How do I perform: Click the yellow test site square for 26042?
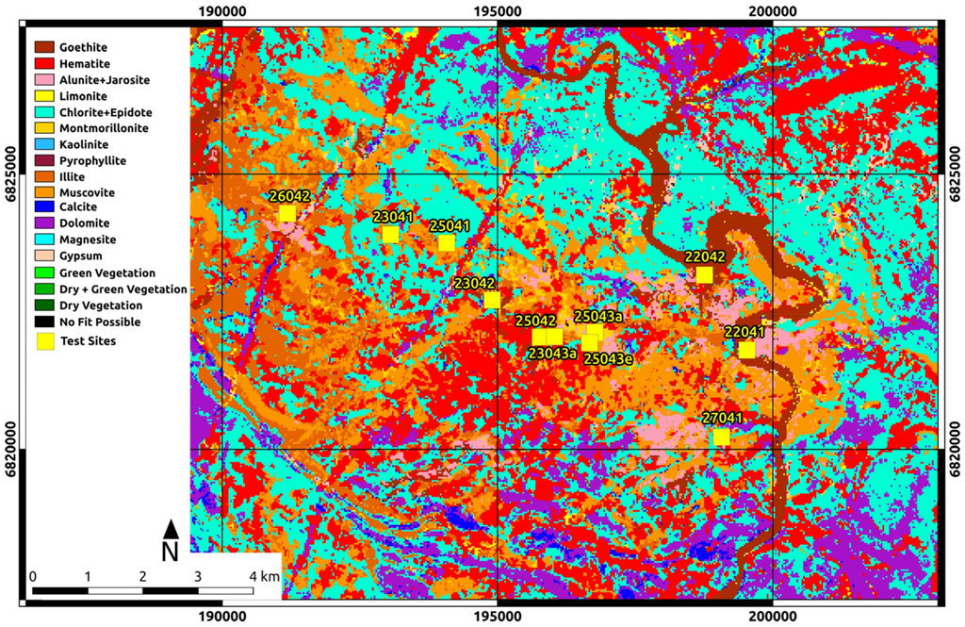(x=286, y=213)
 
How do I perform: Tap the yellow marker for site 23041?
(x=390, y=234)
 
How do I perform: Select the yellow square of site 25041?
(x=447, y=242)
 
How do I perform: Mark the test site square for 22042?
(x=704, y=274)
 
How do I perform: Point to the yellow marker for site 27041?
(x=721, y=437)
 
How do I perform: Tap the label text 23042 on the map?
(x=473, y=283)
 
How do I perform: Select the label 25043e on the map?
(x=608, y=358)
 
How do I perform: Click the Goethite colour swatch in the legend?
(x=44, y=46)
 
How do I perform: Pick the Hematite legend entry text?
(x=82, y=63)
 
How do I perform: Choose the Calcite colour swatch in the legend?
(x=44, y=206)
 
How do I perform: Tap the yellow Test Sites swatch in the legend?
(x=44, y=340)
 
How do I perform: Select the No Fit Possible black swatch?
(x=44, y=322)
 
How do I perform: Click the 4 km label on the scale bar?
(x=265, y=575)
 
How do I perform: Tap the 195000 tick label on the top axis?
(x=497, y=11)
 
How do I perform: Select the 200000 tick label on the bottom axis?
(x=772, y=617)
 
